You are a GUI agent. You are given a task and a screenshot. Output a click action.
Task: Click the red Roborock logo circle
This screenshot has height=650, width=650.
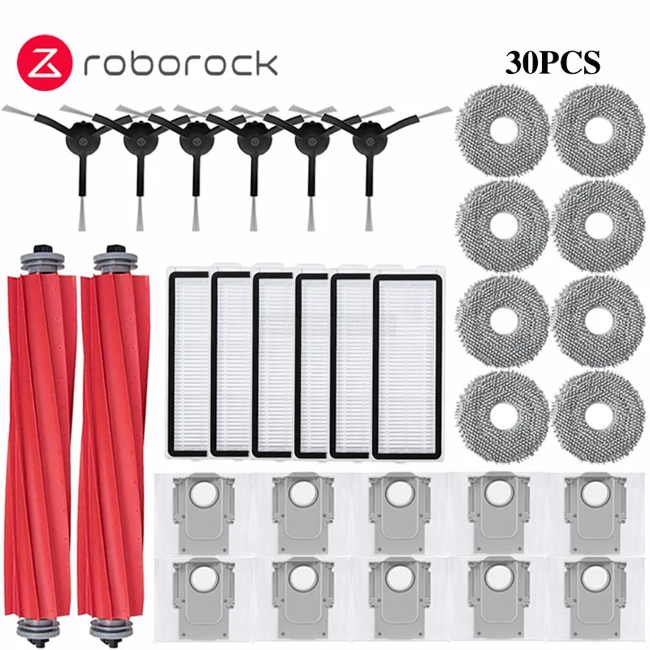tap(45, 63)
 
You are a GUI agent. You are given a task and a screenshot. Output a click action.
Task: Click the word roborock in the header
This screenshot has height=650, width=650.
tap(180, 64)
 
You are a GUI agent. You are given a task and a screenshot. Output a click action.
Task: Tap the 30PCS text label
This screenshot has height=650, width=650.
tap(552, 63)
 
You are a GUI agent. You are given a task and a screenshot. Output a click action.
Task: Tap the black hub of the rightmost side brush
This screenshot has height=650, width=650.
tap(367, 140)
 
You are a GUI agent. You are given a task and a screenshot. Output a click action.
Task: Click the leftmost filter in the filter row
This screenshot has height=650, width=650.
tap(188, 365)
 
